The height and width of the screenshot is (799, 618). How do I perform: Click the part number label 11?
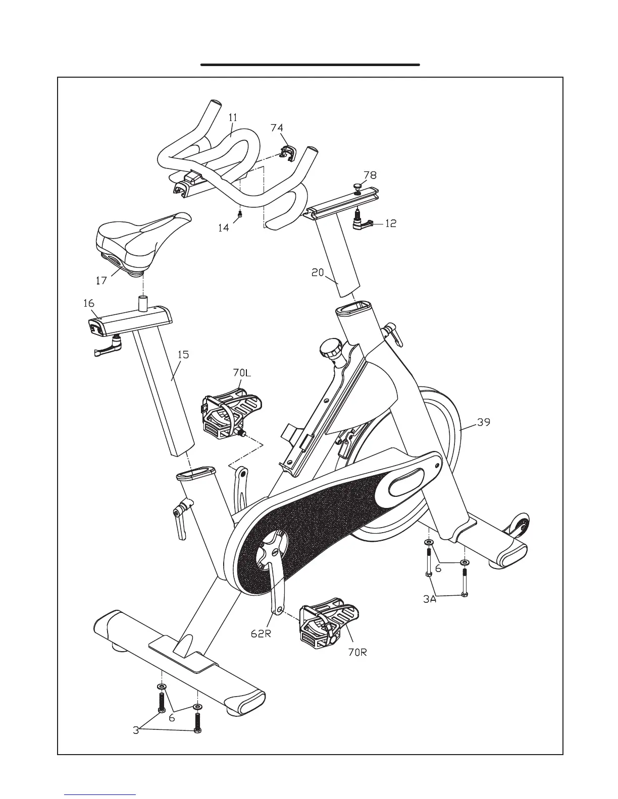point(232,118)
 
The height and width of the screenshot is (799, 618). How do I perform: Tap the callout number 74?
point(277,128)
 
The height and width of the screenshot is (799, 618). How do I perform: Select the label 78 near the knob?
point(370,175)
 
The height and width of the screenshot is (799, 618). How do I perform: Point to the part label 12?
point(390,223)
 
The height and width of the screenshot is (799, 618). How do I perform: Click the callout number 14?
point(223,228)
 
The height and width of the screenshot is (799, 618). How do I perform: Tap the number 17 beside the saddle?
point(101,280)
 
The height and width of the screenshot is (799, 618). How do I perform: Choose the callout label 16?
point(89,304)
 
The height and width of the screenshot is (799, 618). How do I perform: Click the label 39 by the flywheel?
point(484,422)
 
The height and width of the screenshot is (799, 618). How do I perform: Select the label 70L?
point(242,373)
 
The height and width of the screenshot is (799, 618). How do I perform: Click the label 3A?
point(430,600)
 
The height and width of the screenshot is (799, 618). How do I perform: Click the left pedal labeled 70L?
point(230,411)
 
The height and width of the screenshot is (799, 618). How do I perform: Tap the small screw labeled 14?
point(241,215)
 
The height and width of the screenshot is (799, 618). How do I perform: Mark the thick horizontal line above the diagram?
point(310,65)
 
